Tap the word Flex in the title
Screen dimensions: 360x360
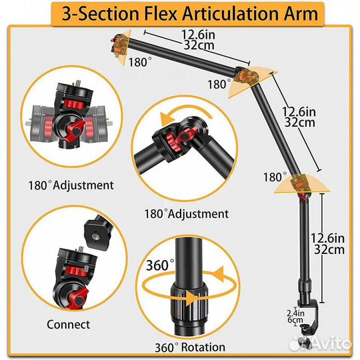(x=160, y=13)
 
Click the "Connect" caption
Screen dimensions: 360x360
(x=69, y=325)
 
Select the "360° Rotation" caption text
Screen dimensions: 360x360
(x=190, y=347)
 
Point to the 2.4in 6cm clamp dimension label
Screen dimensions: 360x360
(x=295, y=317)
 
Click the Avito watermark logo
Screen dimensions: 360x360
(x=320, y=343)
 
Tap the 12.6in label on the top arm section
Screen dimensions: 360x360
(x=199, y=35)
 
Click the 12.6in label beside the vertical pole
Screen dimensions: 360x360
(x=327, y=238)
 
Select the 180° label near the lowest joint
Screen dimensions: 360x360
(x=275, y=177)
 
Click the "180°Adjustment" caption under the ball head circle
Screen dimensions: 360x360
(x=71, y=185)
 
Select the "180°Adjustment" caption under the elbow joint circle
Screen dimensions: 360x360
(x=187, y=214)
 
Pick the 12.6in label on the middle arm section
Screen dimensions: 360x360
(x=299, y=112)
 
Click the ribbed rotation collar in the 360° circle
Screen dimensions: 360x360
(x=189, y=303)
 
